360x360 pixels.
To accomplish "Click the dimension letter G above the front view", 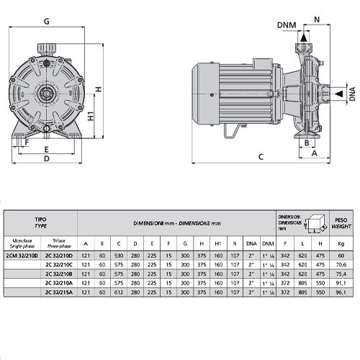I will pos(47,21).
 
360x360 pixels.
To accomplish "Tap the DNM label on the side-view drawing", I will pos(287,25).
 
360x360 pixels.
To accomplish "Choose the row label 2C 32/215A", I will pos(59,293).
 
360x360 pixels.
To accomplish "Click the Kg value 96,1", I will pos(341,293).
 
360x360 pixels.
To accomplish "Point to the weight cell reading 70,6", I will pos(341,265).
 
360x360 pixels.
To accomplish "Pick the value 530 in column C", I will pos(117,256).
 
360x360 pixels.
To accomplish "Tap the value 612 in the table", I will pos(117,293).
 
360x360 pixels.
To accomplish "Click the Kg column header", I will pos(341,243).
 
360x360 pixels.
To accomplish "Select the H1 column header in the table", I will pos(217,243).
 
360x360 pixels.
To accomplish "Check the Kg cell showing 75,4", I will pos(341,274).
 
